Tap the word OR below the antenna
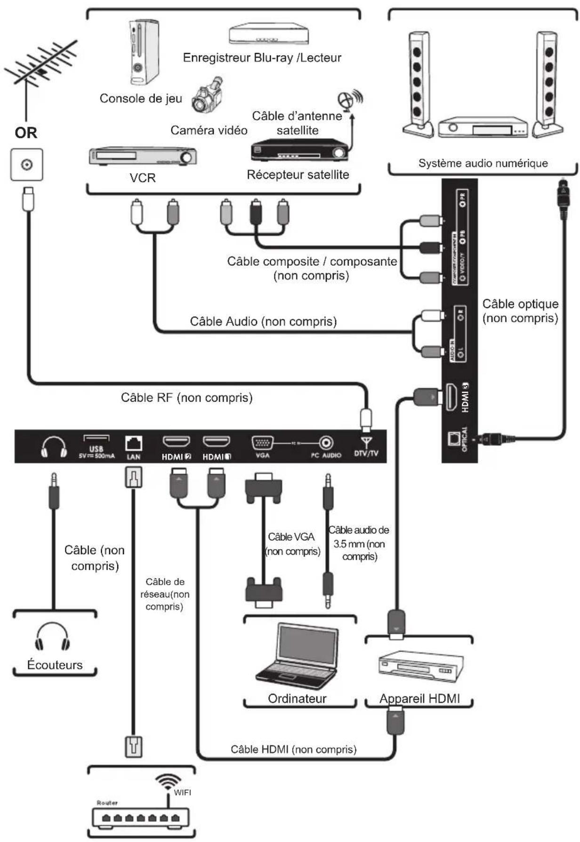(26, 133)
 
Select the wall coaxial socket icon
(27, 165)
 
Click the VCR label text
(143, 178)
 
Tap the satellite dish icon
(348, 100)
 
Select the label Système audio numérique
(483, 163)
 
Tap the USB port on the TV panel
(97, 439)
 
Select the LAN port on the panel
(134, 443)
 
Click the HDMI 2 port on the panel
(176, 442)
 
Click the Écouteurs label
(55, 665)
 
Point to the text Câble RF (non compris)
(186, 397)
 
